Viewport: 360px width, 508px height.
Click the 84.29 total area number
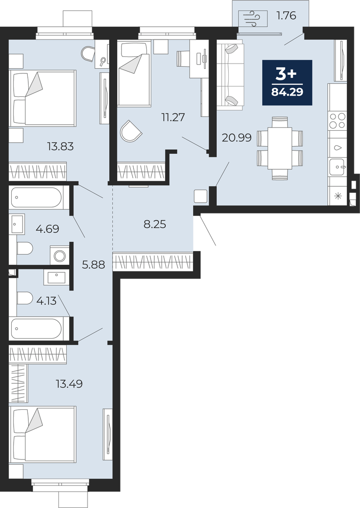[x=287, y=92]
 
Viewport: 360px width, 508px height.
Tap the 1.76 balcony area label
[x=286, y=16]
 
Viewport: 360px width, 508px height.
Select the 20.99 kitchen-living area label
[x=237, y=138]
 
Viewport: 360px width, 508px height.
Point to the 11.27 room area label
[x=173, y=117]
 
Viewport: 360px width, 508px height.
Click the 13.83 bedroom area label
[x=60, y=147]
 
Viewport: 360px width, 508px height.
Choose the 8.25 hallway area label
[x=155, y=224]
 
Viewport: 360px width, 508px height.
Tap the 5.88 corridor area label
[x=93, y=265]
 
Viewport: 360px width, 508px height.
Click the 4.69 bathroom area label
[x=48, y=230]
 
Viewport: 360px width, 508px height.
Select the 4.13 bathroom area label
[x=47, y=302]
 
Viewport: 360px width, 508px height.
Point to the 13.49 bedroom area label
[x=69, y=384]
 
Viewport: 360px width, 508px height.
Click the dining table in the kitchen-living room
[x=280, y=148]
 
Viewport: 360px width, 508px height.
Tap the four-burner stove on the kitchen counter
[x=337, y=120]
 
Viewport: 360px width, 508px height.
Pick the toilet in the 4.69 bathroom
[x=25, y=249]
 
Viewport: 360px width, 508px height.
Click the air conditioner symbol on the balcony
[x=253, y=18]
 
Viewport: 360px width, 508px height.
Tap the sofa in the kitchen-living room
[x=230, y=74]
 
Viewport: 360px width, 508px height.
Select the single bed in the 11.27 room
[x=134, y=73]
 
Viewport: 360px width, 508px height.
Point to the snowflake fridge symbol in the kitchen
[x=338, y=196]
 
